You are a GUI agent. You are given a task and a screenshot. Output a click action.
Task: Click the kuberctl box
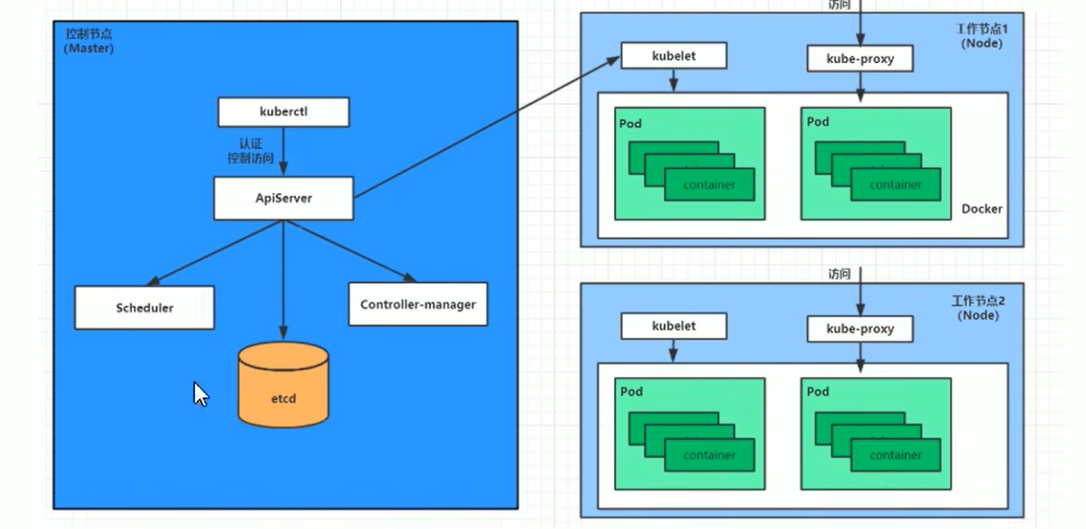click(x=283, y=112)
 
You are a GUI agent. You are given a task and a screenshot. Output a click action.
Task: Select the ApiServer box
click(x=283, y=199)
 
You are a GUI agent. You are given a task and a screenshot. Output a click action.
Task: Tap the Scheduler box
click(x=144, y=307)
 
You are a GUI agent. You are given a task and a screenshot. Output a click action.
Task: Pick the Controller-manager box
click(x=417, y=305)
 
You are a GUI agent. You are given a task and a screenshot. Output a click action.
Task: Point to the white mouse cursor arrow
click(x=201, y=393)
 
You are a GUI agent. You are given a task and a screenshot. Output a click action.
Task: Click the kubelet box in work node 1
click(x=673, y=56)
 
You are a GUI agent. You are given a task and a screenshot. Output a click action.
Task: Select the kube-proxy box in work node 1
click(x=860, y=59)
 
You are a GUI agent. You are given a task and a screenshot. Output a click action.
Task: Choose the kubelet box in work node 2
click(x=673, y=326)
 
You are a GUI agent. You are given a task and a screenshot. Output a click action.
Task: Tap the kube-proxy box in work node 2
click(x=860, y=328)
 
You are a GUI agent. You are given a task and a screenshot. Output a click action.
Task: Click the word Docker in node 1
click(x=981, y=208)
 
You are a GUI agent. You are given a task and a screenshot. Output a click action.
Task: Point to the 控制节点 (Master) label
click(x=88, y=40)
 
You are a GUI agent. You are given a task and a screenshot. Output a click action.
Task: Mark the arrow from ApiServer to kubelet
click(x=487, y=129)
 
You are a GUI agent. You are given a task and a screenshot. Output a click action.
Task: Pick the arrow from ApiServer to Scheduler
click(x=215, y=252)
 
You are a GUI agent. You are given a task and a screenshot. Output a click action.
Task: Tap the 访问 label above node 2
click(x=841, y=274)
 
